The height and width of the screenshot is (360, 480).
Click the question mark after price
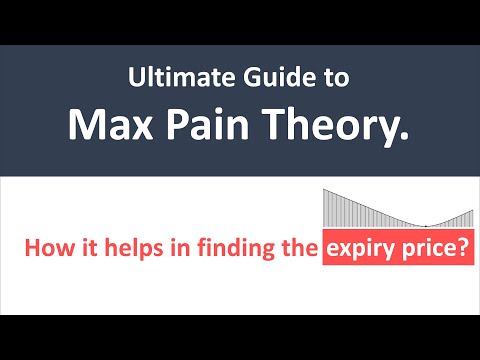click(465, 247)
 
